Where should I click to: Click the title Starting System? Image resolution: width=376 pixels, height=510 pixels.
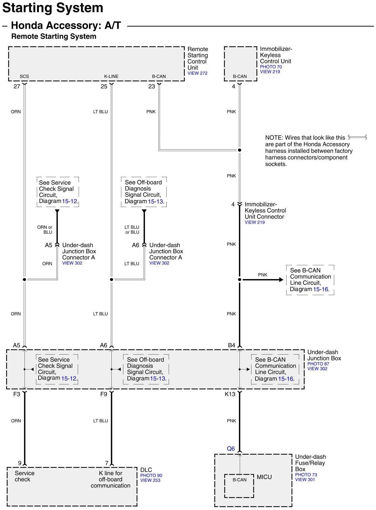pos(53,8)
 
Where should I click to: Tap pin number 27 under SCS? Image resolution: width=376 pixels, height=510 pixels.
pos(17,86)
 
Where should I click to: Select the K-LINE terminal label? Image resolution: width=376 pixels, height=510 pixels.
pos(111,76)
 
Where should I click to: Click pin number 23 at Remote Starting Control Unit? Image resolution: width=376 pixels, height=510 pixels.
pos(151,86)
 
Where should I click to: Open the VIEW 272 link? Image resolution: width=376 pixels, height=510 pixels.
pos(197,73)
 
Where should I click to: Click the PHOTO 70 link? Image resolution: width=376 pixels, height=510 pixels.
pos(271,67)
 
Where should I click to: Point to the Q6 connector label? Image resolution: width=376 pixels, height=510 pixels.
pos(231,449)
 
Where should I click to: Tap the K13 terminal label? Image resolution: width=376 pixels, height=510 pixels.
pos(230,394)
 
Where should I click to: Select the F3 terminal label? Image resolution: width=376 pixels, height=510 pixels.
pos(17,394)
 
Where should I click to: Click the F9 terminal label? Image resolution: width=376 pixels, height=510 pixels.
pos(104,394)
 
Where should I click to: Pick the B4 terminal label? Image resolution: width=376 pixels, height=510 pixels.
pos(231,345)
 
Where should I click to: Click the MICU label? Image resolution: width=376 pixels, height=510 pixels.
pos(264,477)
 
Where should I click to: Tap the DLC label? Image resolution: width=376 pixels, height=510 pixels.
pos(146,470)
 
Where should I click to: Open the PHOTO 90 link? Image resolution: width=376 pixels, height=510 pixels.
pos(151,475)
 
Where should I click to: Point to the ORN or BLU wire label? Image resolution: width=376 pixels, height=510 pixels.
pos(45,230)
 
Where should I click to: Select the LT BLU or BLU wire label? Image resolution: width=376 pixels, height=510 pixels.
pos(132,230)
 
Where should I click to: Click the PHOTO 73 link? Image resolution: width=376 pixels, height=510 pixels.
pos(306,475)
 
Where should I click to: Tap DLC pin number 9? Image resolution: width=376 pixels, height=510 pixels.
pos(20,463)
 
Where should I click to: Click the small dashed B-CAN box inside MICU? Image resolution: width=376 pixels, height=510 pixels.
pos(239,486)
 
